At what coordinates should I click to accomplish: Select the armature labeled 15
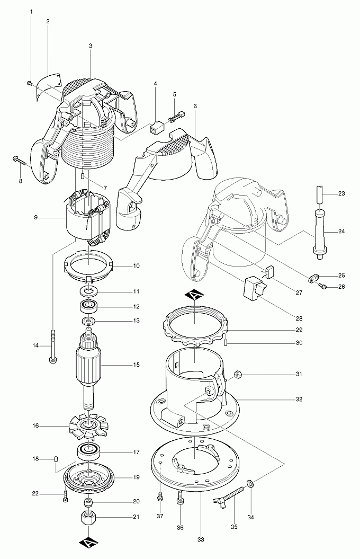[x=89, y=365]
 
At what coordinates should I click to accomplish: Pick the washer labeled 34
[x=250, y=483]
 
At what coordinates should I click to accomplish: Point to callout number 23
[x=341, y=193]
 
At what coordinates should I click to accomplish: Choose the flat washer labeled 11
[x=88, y=291]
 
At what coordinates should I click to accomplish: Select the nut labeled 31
[x=238, y=375]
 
